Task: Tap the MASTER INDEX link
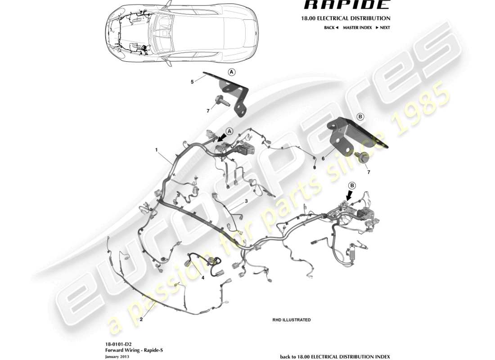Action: point(357,27)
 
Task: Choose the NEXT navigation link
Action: point(382,27)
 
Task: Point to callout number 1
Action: point(157,149)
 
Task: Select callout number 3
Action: point(246,201)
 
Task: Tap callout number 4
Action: point(203,278)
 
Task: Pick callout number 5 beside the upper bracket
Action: point(192,82)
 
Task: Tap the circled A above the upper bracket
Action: point(231,72)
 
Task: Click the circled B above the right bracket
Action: point(360,117)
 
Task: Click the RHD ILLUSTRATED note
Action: point(291,320)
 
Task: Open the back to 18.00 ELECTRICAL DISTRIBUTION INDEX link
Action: point(335,356)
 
